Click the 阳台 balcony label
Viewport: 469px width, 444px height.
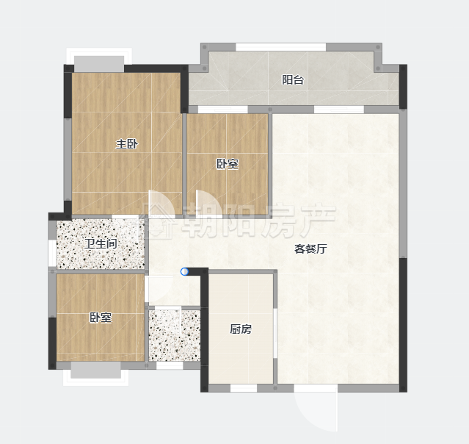pos(293,80)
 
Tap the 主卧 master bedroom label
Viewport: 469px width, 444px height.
pos(127,144)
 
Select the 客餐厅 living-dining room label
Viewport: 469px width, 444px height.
pos(310,248)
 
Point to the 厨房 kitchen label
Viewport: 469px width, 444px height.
pos(241,329)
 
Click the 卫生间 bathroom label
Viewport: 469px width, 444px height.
pos(101,243)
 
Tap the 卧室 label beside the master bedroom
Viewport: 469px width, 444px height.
pos(228,164)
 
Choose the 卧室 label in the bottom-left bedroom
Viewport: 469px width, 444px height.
pos(101,318)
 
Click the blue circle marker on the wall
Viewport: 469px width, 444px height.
pos(184,272)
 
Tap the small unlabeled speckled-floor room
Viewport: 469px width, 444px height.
pos(175,335)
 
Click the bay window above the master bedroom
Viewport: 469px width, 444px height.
pos(99,60)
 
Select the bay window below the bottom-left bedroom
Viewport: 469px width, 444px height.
pos(95,373)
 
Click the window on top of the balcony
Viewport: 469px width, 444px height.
pos(281,47)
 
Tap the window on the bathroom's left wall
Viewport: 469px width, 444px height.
pos(52,253)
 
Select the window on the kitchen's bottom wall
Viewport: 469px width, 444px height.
pos(244,388)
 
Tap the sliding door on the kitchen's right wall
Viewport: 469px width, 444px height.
pos(275,332)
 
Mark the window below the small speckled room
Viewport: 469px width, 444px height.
pos(170,365)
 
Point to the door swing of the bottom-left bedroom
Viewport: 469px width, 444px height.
pos(159,289)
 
